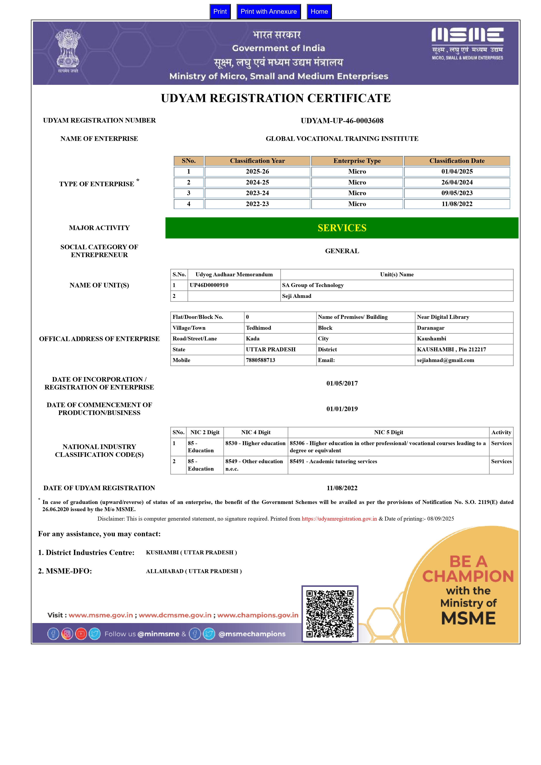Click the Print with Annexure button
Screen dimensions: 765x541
tap(268, 12)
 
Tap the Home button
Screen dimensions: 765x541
tap(319, 12)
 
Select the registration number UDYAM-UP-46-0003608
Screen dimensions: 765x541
tap(342, 121)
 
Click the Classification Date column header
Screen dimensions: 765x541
tap(457, 161)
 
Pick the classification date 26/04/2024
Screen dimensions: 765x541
tap(457, 182)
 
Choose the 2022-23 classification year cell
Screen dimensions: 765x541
tap(257, 204)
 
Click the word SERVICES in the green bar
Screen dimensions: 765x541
tap(342, 228)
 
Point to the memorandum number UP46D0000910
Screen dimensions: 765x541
tap(209, 285)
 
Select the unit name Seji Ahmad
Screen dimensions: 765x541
tap(297, 296)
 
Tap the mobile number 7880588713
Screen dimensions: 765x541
tap(261, 360)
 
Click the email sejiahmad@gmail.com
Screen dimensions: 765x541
tap(445, 360)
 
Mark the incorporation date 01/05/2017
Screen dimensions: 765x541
tap(342, 384)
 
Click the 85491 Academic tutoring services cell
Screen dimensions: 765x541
tap(333, 461)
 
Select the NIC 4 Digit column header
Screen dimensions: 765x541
tap(256, 432)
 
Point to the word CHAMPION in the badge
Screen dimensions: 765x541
tap(468, 576)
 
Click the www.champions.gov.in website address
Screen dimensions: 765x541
tap(258, 615)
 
